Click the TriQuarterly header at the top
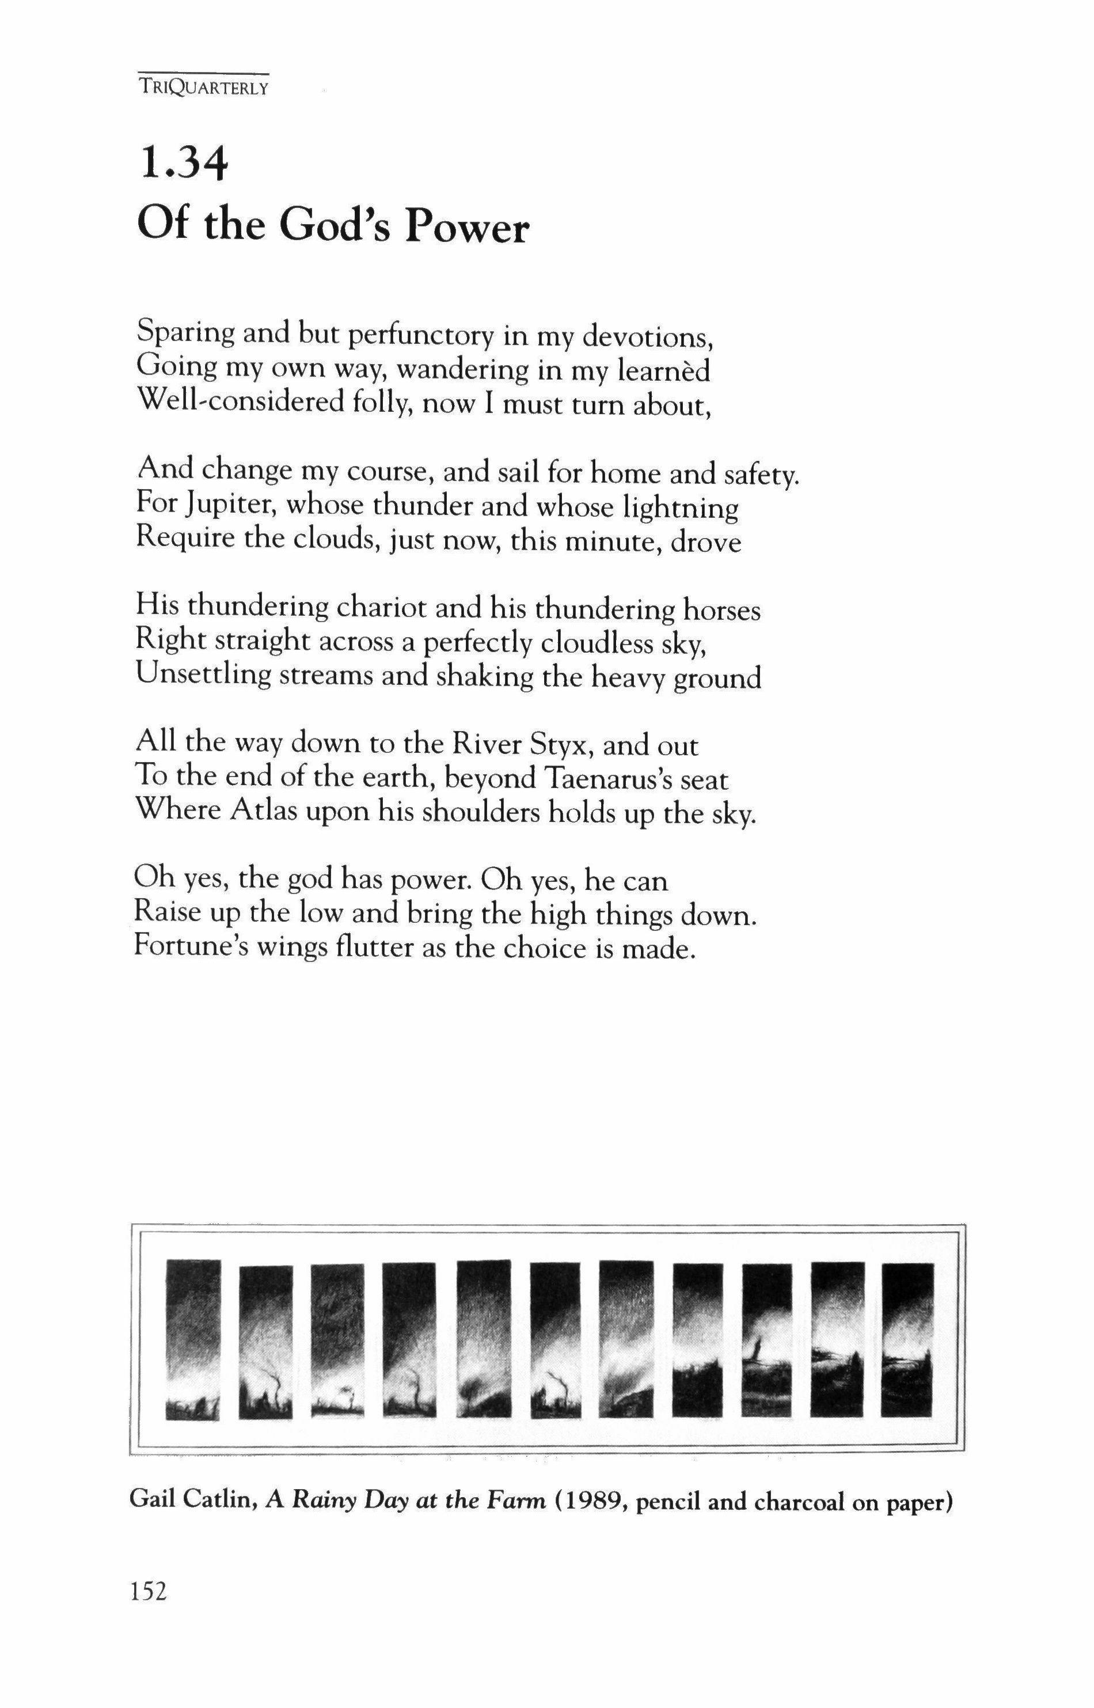click(203, 89)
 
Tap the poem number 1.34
click(183, 164)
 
